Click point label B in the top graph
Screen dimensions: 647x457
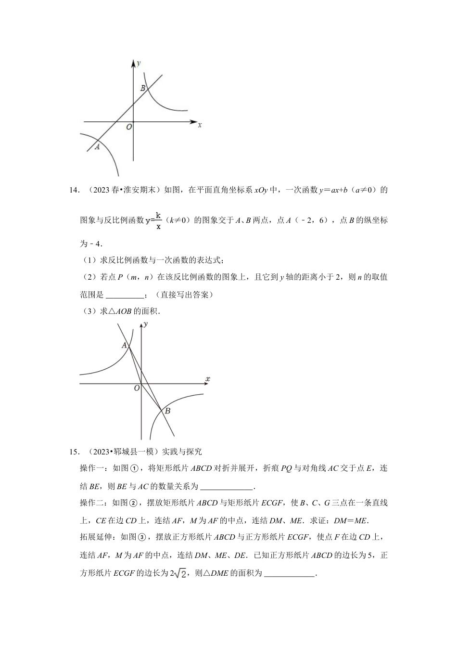pos(142,89)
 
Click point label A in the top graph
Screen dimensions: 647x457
pos(97,147)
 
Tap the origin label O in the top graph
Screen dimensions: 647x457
pos(128,127)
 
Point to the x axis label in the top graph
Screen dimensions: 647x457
pos(199,125)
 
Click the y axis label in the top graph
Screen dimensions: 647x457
pos(139,63)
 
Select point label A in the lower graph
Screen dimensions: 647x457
pos(124,346)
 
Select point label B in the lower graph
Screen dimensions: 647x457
pos(167,411)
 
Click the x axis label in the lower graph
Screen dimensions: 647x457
pos(207,379)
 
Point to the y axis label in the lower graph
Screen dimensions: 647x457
pos(145,324)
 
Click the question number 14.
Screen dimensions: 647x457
pos(74,190)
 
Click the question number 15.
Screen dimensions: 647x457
pos(74,452)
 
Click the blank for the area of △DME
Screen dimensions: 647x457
pos(289,573)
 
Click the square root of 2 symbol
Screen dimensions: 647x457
pos(178,574)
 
